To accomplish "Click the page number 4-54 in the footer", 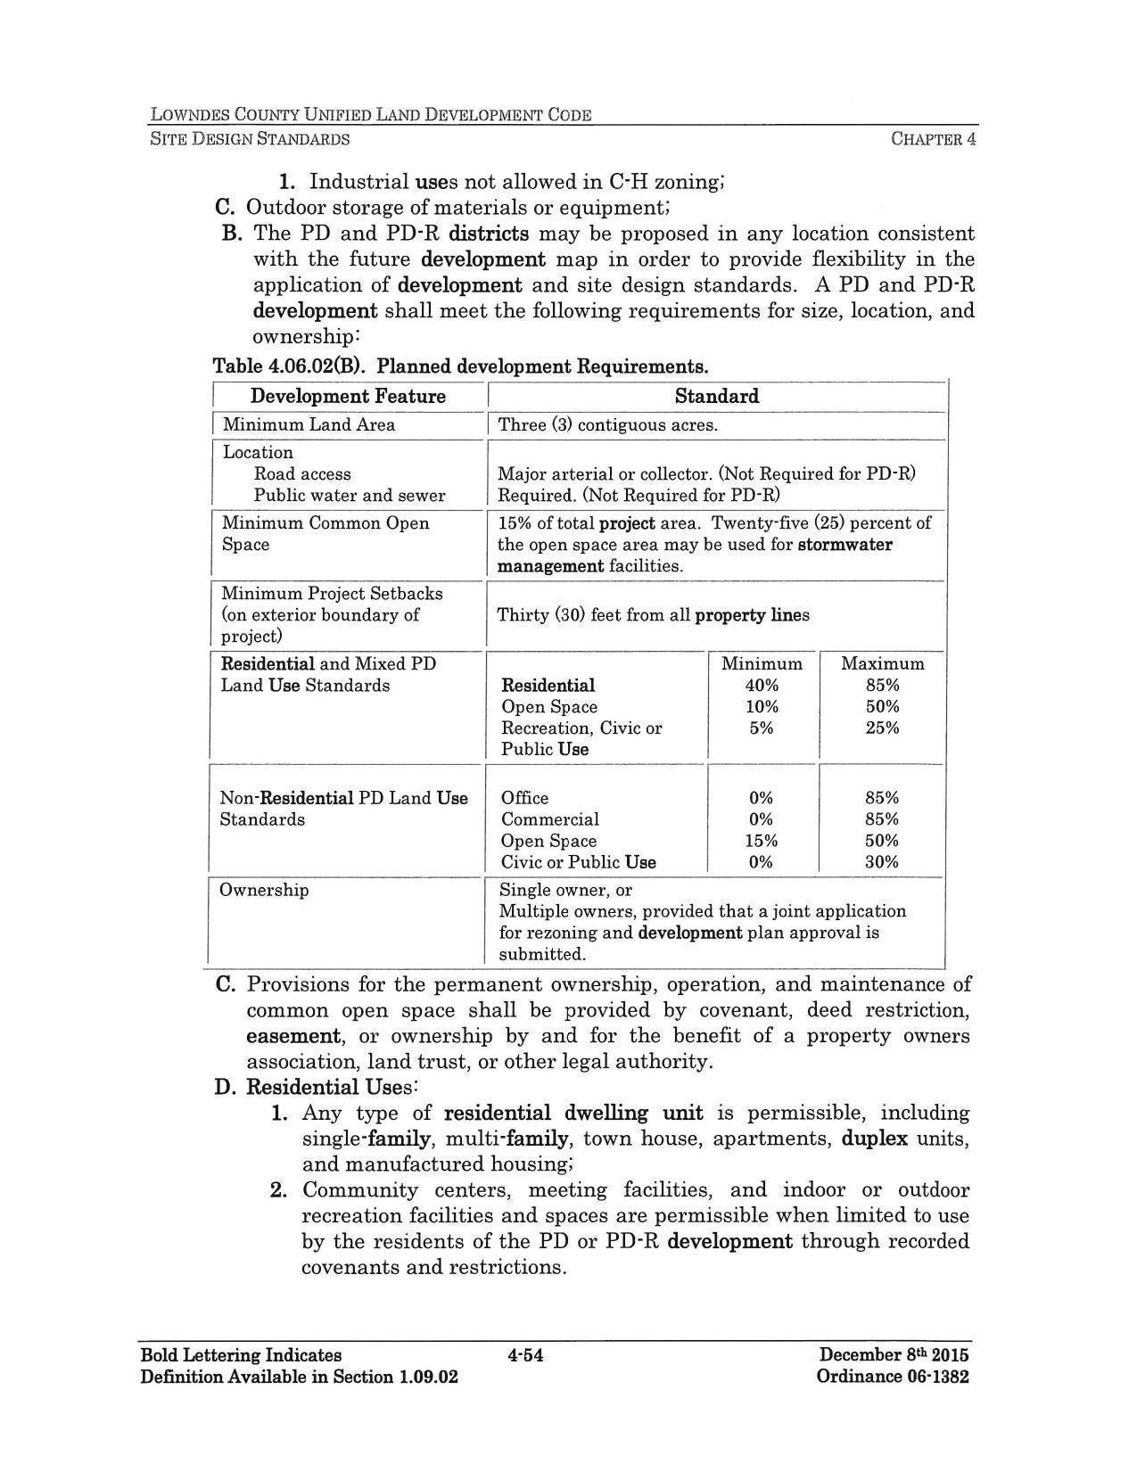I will tap(525, 1355).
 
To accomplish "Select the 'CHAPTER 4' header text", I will tap(933, 139).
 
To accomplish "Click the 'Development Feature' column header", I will tap(348, 396).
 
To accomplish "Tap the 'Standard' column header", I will tap(716, 396).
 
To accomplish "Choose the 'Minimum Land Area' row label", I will tap(309, 424).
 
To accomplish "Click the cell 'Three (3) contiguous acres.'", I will tap(607, 424).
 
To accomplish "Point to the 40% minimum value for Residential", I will tap(762, 685).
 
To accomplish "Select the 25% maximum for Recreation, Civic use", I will tap(882, 728).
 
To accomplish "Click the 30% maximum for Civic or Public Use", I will tap(881, 861).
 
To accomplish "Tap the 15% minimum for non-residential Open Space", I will tap(762, 840).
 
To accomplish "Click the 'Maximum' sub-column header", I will tap(882, 663).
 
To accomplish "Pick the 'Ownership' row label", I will tap(264, 890).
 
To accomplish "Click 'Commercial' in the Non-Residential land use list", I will tap(549, 818).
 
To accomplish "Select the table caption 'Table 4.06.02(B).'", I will tap(290, 366).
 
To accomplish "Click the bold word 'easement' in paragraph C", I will tap(293, 1036).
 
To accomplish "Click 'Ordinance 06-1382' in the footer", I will tap(892, 1376).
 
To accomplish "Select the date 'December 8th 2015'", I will tap(894, 1355).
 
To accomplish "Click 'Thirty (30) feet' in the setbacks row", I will tap(548, 615).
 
